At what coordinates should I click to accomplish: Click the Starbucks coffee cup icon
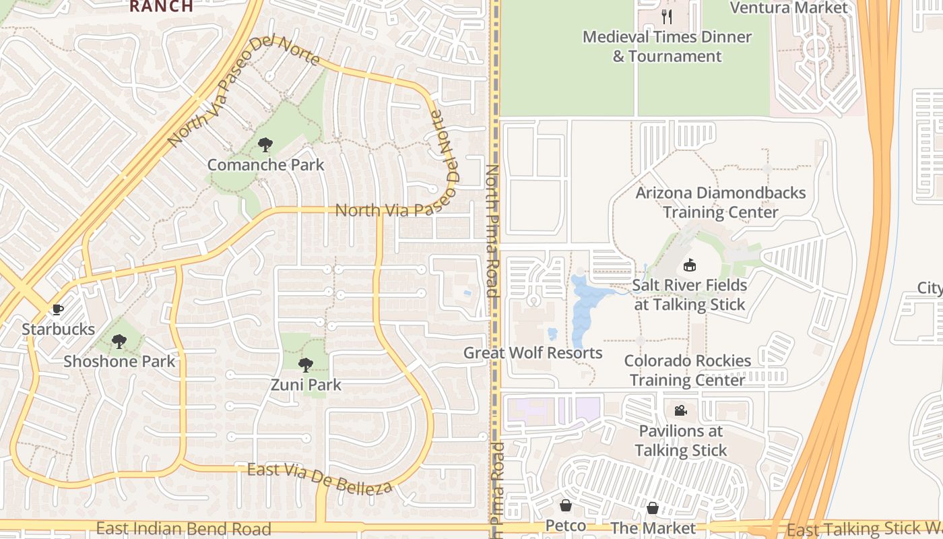pos(58,309)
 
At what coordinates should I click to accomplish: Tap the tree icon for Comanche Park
pos(265,144)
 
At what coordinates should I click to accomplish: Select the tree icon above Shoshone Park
pos(119,342)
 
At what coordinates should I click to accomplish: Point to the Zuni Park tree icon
pos(306,365)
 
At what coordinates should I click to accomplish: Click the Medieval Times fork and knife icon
pos(667,16)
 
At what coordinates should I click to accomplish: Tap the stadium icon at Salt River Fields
pos(689,265)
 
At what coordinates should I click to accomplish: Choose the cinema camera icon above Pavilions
pos(680,410)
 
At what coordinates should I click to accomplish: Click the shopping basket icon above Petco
pos(566,505)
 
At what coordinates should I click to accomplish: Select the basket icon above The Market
pos(652,508)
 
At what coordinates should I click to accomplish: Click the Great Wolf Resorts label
pos(533,353)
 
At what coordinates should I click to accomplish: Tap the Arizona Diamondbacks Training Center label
pos(721,202)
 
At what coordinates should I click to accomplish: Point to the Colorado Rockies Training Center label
pos(688,370)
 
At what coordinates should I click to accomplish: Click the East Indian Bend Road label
pos(183,529)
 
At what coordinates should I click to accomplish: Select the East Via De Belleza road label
pos(319,478)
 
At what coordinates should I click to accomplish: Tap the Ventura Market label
pos(789,8)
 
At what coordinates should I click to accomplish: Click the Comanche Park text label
pos(265,164)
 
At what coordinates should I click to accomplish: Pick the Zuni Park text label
pos(306,385)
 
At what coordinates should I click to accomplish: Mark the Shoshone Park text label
pos(119,361)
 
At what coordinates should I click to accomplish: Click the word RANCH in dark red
pos(161,6)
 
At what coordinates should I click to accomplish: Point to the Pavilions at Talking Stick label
pos(681,441)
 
